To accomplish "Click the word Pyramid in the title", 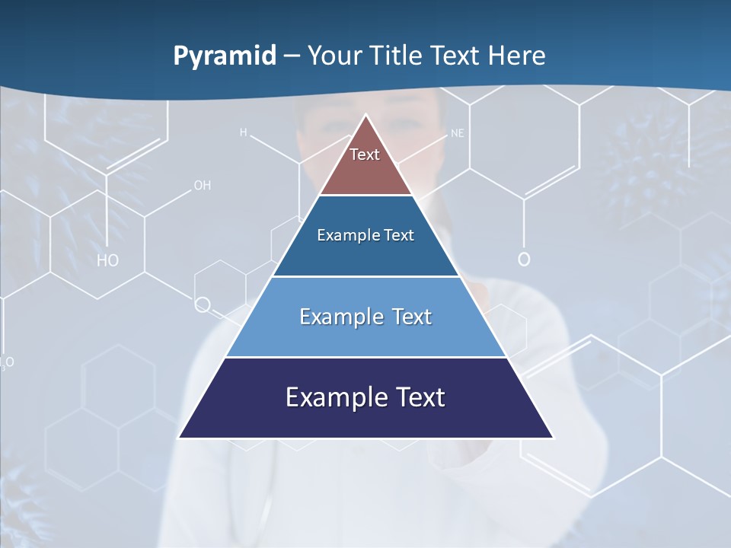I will tap(224, 56).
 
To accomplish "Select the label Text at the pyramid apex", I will tap(365, 155).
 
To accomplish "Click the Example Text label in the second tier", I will tap(365, 235).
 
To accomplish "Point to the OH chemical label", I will tap(202, 185).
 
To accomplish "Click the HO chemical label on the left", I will tap(107, 260).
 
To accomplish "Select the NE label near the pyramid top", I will tap(457, 133).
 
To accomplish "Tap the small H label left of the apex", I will tap(244, 132).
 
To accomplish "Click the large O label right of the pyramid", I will tap(524, 259).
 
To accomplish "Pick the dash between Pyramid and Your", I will tap(292, 56).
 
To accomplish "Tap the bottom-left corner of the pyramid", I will tap(180, 437).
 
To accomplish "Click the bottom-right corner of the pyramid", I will tap(552, 437).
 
